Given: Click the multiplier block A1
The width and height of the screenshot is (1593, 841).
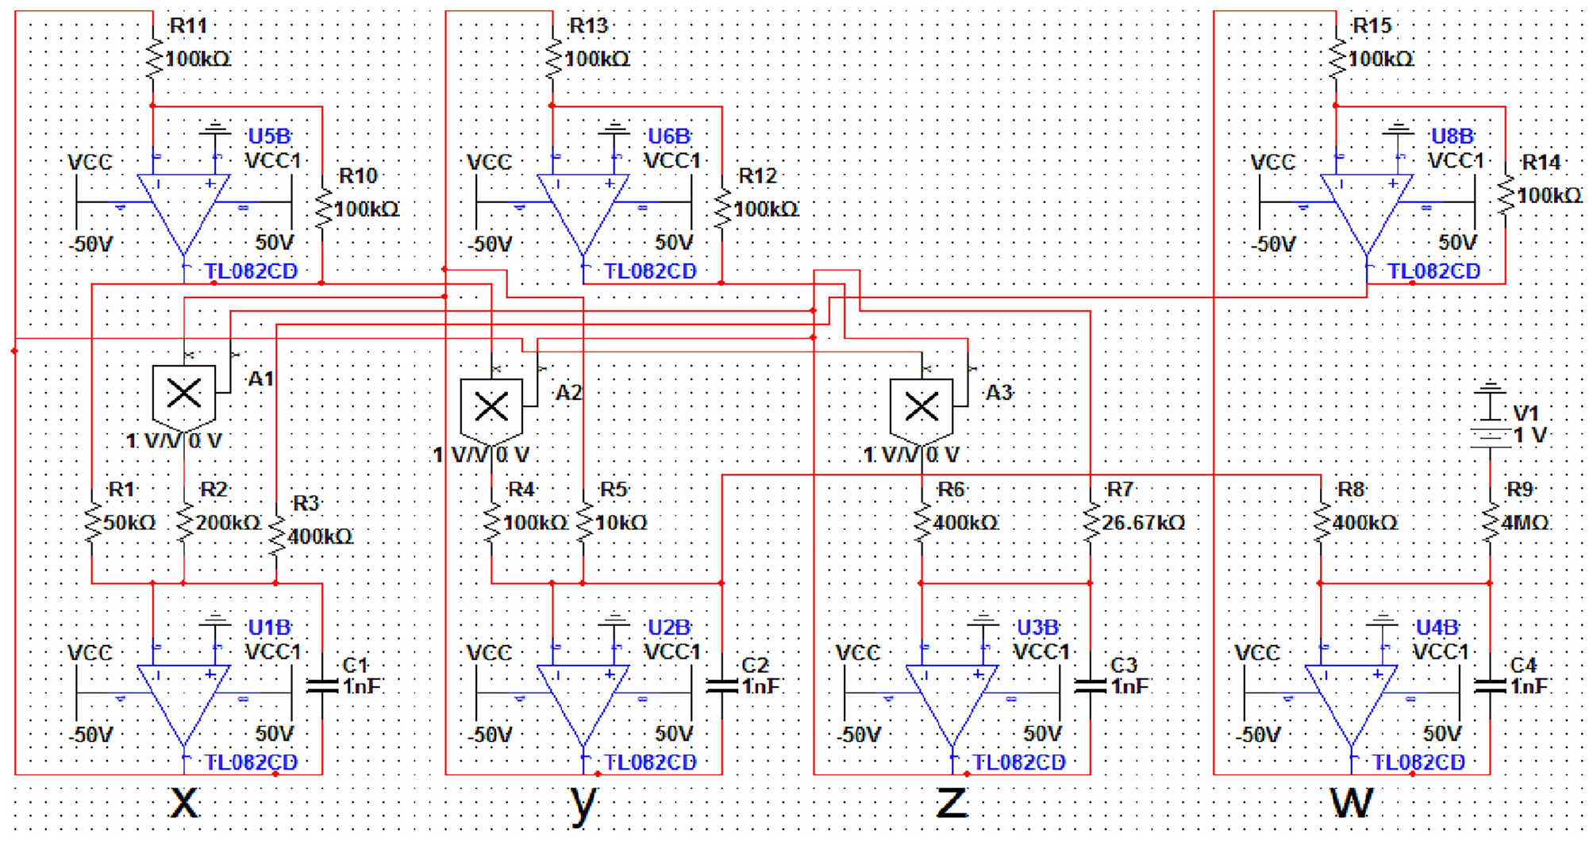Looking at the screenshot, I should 183,394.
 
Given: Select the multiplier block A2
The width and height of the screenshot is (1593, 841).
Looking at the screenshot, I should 491,408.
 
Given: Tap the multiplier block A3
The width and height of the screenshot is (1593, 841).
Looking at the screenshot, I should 921,408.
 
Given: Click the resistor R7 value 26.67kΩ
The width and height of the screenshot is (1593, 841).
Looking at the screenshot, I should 1143,523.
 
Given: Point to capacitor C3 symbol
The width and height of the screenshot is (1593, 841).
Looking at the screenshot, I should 1090,686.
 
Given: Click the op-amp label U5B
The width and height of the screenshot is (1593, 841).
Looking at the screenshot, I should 269,136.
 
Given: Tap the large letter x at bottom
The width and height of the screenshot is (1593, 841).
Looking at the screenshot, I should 184,801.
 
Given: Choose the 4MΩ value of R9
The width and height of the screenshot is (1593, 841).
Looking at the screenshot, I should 1525,523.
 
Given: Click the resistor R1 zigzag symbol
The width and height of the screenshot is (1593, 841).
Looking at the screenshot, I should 92,523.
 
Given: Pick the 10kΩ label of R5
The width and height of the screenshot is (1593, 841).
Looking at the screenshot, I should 621,523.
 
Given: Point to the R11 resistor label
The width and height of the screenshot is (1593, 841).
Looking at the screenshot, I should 188,26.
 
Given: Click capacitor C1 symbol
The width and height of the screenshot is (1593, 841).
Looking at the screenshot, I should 322,686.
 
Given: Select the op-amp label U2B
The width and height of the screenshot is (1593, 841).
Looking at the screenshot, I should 669,628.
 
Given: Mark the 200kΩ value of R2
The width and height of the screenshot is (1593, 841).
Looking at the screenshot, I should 229,523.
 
